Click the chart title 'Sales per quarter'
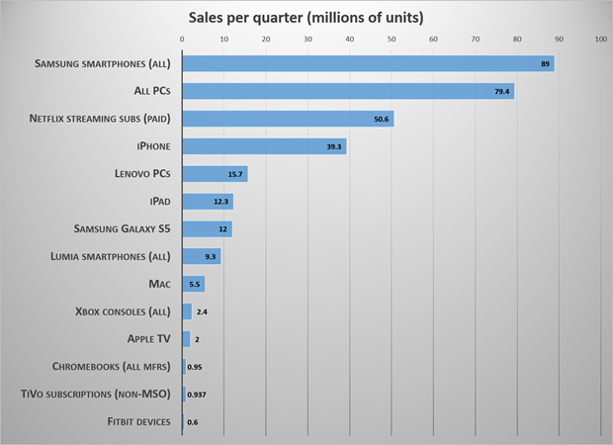306,17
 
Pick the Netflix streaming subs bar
288,119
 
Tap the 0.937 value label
198,395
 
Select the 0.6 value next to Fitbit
192,422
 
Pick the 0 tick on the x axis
182,39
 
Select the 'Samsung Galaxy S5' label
123,228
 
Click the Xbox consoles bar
187,311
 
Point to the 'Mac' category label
159,284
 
